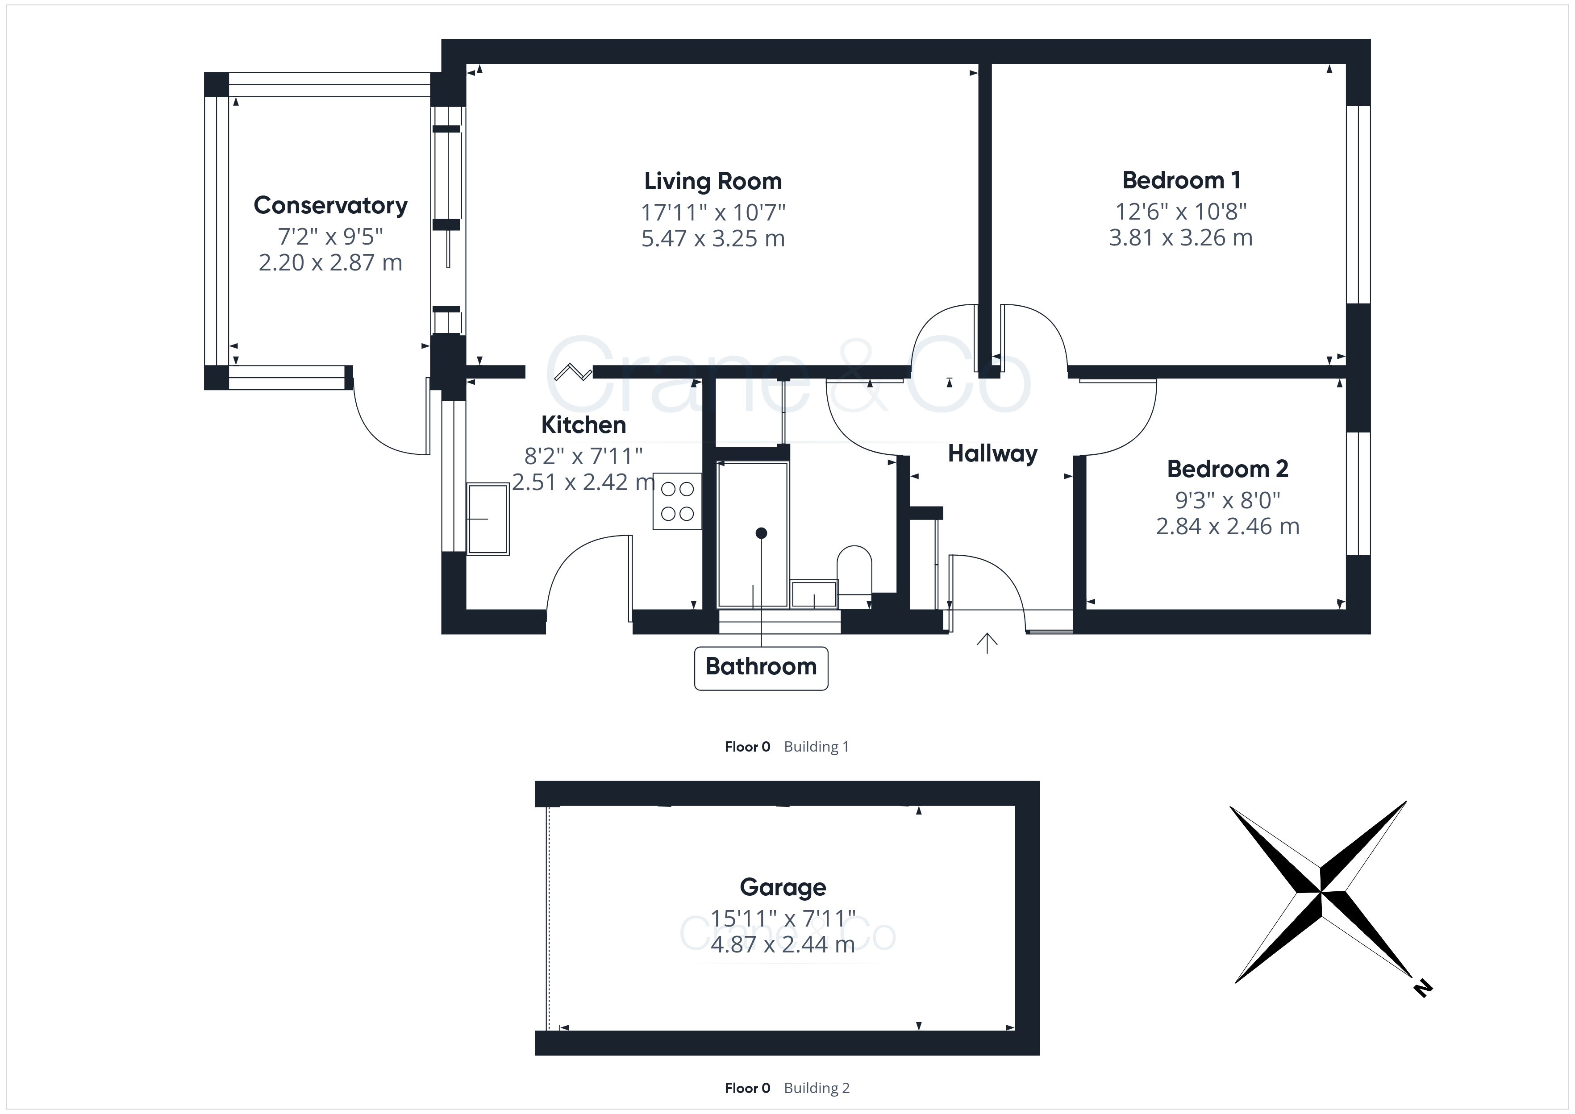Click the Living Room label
tap(713, 181)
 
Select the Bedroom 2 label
tap(1227, 469)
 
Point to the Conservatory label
tap(331, 206)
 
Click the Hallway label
tap(992, 453)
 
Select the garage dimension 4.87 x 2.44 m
tap(783, 944)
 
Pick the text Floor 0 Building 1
tap(787, 747)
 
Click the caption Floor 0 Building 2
tap(787, 1088)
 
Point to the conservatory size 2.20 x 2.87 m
tap(331, 263)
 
